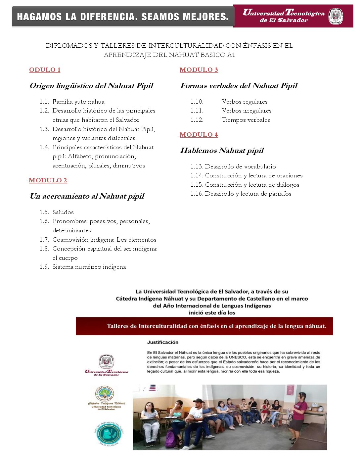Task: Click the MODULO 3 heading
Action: coord(199,70)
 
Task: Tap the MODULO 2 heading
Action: coord(48,180)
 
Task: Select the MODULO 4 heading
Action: coord(199,135)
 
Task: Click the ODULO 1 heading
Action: coord(45,70)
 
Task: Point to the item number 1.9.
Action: coord(44,267)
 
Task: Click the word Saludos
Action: coord(63,212)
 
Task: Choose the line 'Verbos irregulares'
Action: coord(247,111)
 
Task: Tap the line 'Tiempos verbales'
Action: coord(246,120)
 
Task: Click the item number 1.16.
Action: coord(197,194)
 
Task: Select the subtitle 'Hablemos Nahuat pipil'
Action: coord(222,151)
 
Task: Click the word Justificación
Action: coord(163,342)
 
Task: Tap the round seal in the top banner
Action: coord(336,16)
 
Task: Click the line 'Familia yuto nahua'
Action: coord(78,102)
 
